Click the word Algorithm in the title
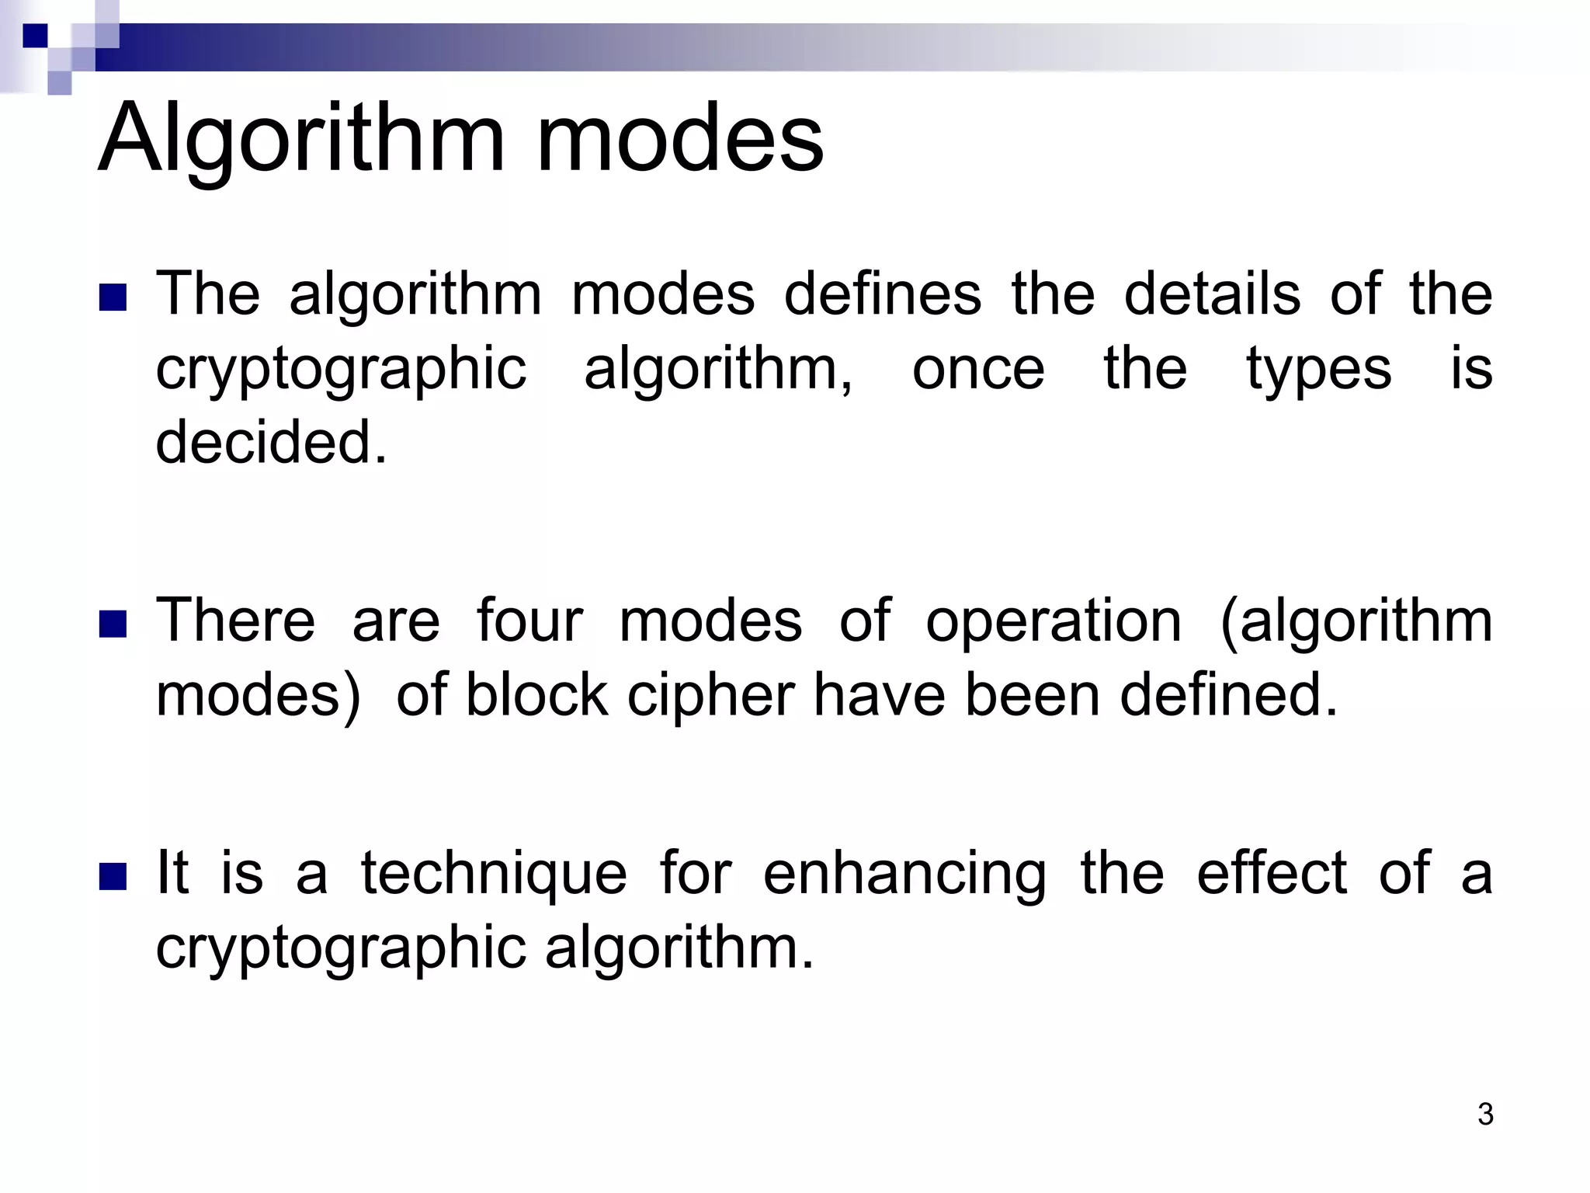303,140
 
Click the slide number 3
1485,1114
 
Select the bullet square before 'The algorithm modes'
113,297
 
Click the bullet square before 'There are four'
113,624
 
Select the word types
1319,370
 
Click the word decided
271,442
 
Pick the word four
529,621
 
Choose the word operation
1054,622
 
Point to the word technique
494,874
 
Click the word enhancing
904,874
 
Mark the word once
978,370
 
